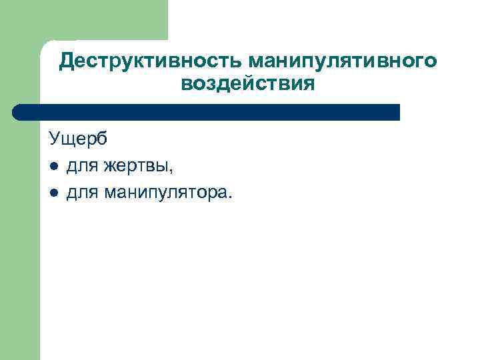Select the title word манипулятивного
[343, 61]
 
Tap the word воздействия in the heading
[247, 84]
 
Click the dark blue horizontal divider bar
[207, 112]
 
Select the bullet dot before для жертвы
[53, 166]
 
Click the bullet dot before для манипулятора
[53, 193]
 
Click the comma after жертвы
[173, 171]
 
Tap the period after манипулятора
[231, 197]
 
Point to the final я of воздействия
[307, 84]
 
